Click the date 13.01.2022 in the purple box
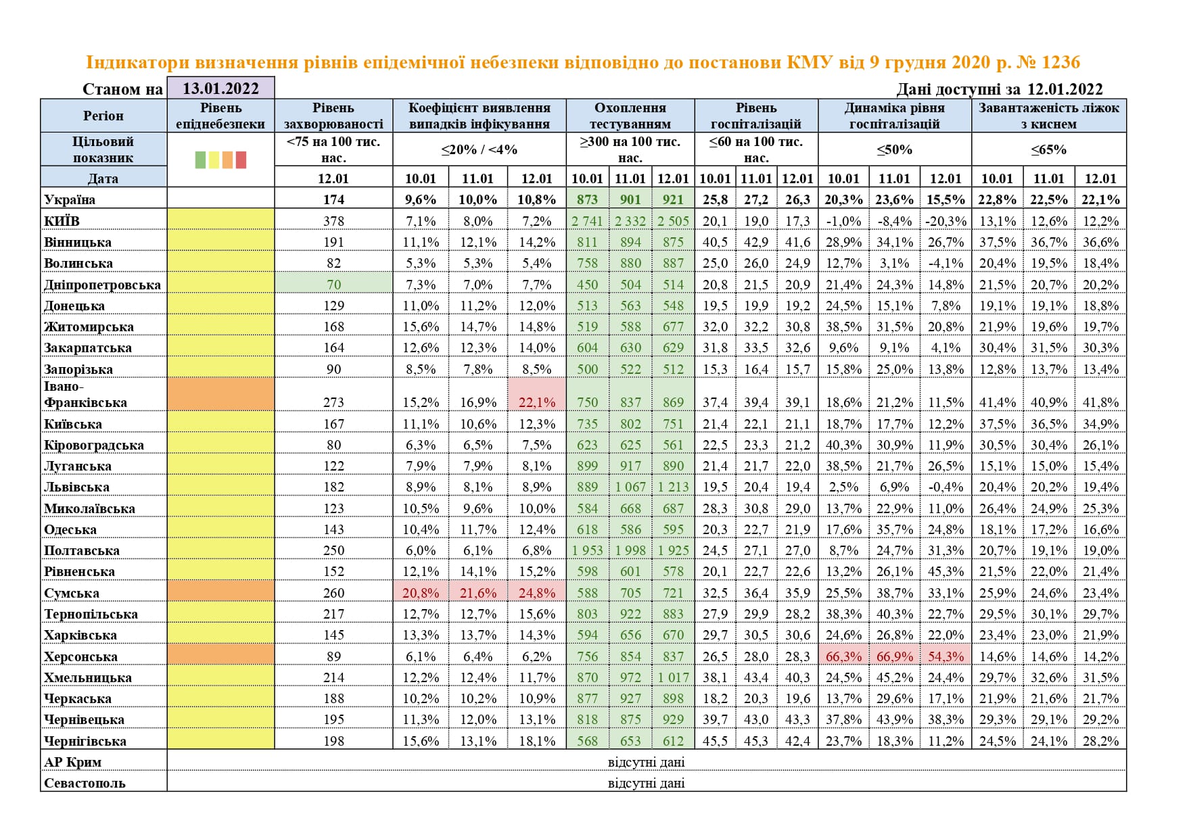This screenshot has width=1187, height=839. point(220,89)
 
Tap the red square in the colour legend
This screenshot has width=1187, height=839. point(241,160)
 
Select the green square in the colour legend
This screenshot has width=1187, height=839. point(200,160)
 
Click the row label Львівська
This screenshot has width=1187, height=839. point(76,487)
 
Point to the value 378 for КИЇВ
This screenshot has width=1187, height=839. point(333,221)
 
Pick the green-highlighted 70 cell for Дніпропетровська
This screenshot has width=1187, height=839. point(333,285)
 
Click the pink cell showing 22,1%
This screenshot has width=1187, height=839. point(536,402)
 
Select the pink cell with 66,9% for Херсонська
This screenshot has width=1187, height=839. point(894,656)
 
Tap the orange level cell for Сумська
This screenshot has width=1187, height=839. point(220,593)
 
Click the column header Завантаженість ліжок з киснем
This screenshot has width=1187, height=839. point(1048,116)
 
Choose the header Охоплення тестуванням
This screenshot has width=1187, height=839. point(630,116)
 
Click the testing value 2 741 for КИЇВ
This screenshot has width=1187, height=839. point(587,221)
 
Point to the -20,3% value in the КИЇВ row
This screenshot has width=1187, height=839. point(946,221)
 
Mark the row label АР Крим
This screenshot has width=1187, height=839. point(72,762)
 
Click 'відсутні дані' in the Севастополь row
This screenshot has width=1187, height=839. point(646,783)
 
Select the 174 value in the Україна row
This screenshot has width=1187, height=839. point(333,200)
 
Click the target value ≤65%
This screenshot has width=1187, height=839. point(1048,149)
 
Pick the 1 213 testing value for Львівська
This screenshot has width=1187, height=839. point(673,487)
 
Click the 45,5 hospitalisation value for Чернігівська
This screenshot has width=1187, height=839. point(715,741)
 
